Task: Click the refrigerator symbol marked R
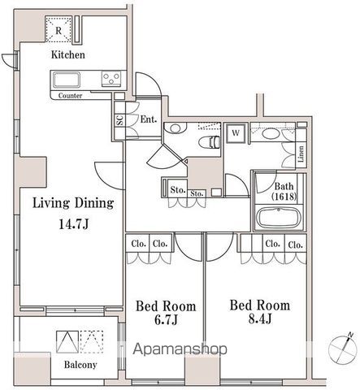[59, 29]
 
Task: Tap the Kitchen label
[68, 54]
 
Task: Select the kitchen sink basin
[67, 80]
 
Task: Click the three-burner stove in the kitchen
[111, 79]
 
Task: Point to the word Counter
[70, 96]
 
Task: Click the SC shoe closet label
[119, 120]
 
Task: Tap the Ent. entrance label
[149, 119]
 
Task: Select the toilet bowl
[209, 142]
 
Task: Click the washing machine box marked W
[236, 133]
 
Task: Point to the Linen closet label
[301, 154]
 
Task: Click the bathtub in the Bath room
[279, 218]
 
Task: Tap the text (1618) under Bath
[284, 196]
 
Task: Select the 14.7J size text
[74, 224]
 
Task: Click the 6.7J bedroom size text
[166, 320]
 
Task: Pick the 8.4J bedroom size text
[260, 319]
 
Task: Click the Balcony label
[80, 365]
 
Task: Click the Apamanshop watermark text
[180, 349]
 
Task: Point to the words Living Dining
[73, 203]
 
